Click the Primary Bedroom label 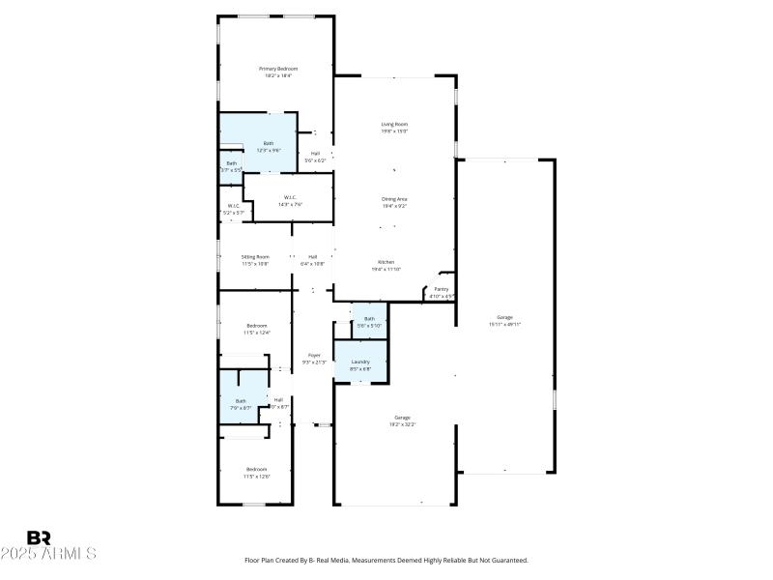[x=277, y=69]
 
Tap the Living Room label [x=393, y=124]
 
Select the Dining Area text [x=393, y=199]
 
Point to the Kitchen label [x=386, y=263]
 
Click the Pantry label [x=442, y=289]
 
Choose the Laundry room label [x=360, y=362]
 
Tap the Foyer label [x=314, y=356]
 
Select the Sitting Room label [x=255, y=256]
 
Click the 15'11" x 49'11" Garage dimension [x=504, y=325]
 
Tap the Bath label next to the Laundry [x=369, y=318]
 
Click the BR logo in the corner [x=39, y=537]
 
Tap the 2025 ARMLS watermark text [x=48, y=554]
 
